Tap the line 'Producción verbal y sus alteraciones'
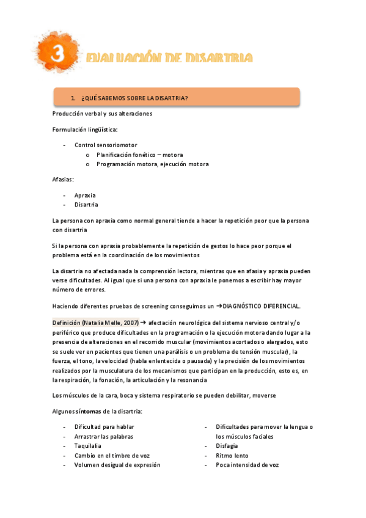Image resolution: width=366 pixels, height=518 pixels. [x=102, y=114]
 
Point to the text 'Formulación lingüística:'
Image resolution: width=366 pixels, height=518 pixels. [x=85, y=129]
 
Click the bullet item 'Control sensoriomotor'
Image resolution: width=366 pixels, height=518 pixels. [x=106, y=145]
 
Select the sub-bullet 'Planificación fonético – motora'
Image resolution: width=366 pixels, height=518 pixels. [x=139, y=155]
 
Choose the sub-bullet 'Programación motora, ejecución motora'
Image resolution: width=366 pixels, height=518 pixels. [x=152, y=164]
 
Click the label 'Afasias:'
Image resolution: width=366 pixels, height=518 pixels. [x=64, y=180]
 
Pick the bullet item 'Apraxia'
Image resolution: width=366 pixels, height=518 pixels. [x=85, y=195]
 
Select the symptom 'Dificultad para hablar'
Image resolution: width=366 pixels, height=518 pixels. [x=104, y=427]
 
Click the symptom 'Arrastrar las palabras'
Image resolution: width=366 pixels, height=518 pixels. [x=103, y=437]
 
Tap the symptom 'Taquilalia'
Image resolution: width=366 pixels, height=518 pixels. [x=88, y=446]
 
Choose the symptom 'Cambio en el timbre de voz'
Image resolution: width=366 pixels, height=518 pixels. [x=112, y=456]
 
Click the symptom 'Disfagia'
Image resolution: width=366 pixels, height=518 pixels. [x=227, y=446]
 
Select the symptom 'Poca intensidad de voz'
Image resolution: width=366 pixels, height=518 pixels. [x=247, y=465]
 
